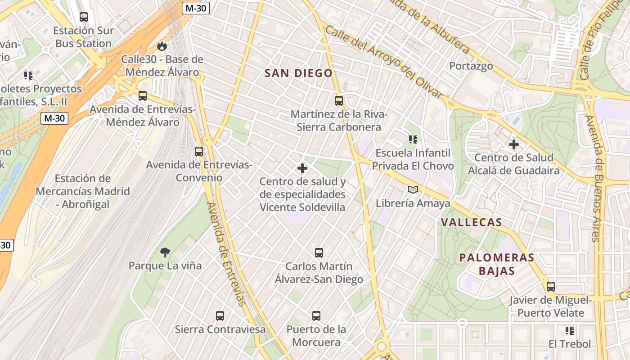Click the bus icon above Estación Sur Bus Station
tap(84, 17)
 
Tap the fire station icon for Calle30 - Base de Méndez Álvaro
tap(162, 46)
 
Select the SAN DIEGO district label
tap(298, 73)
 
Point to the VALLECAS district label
tap(471, 222)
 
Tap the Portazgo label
tap(471, 66)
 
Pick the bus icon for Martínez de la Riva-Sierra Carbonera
tap(339, 101)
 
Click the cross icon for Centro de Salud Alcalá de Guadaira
tap(513, 144)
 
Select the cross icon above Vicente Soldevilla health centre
tap(302, 168)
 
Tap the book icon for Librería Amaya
tap(413, 190)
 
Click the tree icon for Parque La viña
tap(165, 252)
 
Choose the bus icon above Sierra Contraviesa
tap(220, 316)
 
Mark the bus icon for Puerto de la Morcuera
tap(316, 316)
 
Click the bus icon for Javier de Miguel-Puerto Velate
tap(551, 287)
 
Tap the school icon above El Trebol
tap(570, 331)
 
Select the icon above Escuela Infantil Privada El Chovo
tap(413, 139)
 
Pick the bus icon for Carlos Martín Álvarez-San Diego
tap(319, 253)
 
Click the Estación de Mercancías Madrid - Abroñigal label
tap(83, 191)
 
